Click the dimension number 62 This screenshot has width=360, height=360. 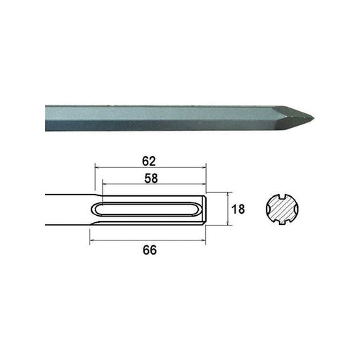(x=149, y=161)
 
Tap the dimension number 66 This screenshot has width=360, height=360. (x=149, y=250)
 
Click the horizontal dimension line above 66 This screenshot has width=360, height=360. (x=149, y=240)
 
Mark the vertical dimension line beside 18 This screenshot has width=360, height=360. (x=230, y=209)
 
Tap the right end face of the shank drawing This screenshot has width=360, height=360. (x=209, y=209)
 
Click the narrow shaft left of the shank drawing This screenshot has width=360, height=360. (x=67, y=209)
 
